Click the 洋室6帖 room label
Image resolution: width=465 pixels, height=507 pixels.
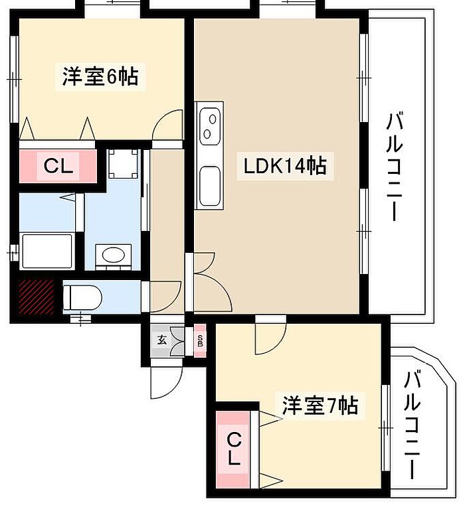click(100, 76)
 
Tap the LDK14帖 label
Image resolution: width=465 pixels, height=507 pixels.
click(285, 166)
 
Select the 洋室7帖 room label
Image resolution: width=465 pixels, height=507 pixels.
click(320, 405)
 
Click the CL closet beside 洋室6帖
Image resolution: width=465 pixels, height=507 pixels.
click(58, 166)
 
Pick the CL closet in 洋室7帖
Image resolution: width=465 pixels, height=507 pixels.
click(234, 449)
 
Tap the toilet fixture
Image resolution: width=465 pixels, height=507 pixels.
click(82, 295)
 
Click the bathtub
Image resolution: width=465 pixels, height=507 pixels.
click(47, 251)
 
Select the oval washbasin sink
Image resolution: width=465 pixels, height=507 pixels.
click(113, 255)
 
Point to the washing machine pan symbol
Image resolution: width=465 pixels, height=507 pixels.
click(124, 164)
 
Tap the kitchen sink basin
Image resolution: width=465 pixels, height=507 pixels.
click(210, 186)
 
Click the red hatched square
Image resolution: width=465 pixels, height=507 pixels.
click(37, 297)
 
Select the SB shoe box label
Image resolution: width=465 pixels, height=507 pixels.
click(200, 340)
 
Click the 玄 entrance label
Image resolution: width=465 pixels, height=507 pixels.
click(162, 340)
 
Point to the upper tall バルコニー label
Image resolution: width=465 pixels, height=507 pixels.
click(394, 166)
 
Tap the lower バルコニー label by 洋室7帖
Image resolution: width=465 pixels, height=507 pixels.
click(412, 425)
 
